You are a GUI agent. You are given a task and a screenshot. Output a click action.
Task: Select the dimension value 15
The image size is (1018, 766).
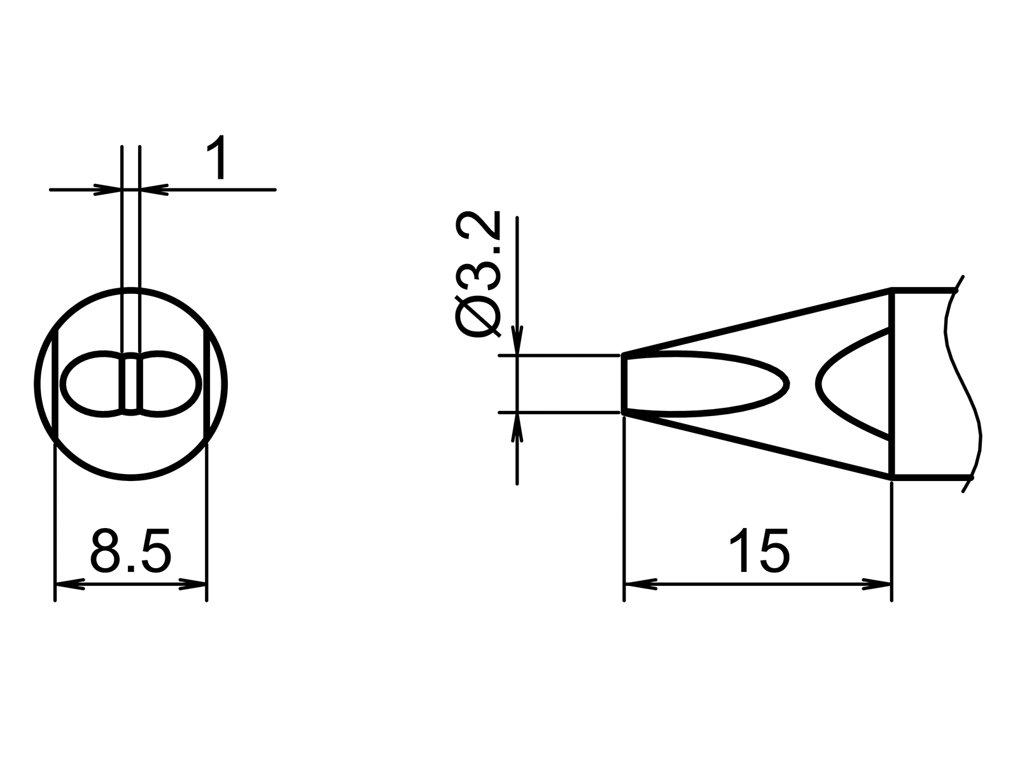[758, 550]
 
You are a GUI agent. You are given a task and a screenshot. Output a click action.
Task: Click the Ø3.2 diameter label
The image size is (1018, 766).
[478, 276]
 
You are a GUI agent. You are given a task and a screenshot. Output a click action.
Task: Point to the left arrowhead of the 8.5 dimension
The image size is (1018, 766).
[68, 584]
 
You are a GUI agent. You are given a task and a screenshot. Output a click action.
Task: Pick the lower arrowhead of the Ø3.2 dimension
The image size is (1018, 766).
[518, 428]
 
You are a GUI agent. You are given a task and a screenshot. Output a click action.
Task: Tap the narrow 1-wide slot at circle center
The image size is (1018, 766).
[130, 384]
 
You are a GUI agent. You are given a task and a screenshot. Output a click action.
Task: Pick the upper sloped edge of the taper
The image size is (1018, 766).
[757, 322]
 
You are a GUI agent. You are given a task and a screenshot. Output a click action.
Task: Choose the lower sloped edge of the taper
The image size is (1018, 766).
[757, 445]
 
